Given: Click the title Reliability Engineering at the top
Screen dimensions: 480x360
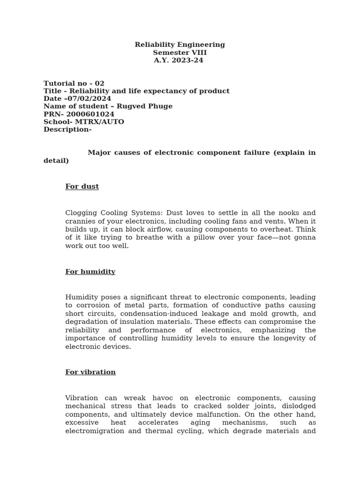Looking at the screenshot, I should click(180, 45).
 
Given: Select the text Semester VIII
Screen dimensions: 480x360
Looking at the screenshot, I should click(180, 53).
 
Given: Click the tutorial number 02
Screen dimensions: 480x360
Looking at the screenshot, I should click(99, 84).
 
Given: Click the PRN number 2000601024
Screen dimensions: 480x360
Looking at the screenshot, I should click(90, 114).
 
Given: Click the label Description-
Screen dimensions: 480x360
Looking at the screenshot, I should click(67, 130).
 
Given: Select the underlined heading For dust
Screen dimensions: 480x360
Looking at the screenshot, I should click(82, 187).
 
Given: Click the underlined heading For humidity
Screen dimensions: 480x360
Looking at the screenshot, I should click(90, 272).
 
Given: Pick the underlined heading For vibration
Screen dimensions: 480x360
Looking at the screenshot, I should click(90, 372).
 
